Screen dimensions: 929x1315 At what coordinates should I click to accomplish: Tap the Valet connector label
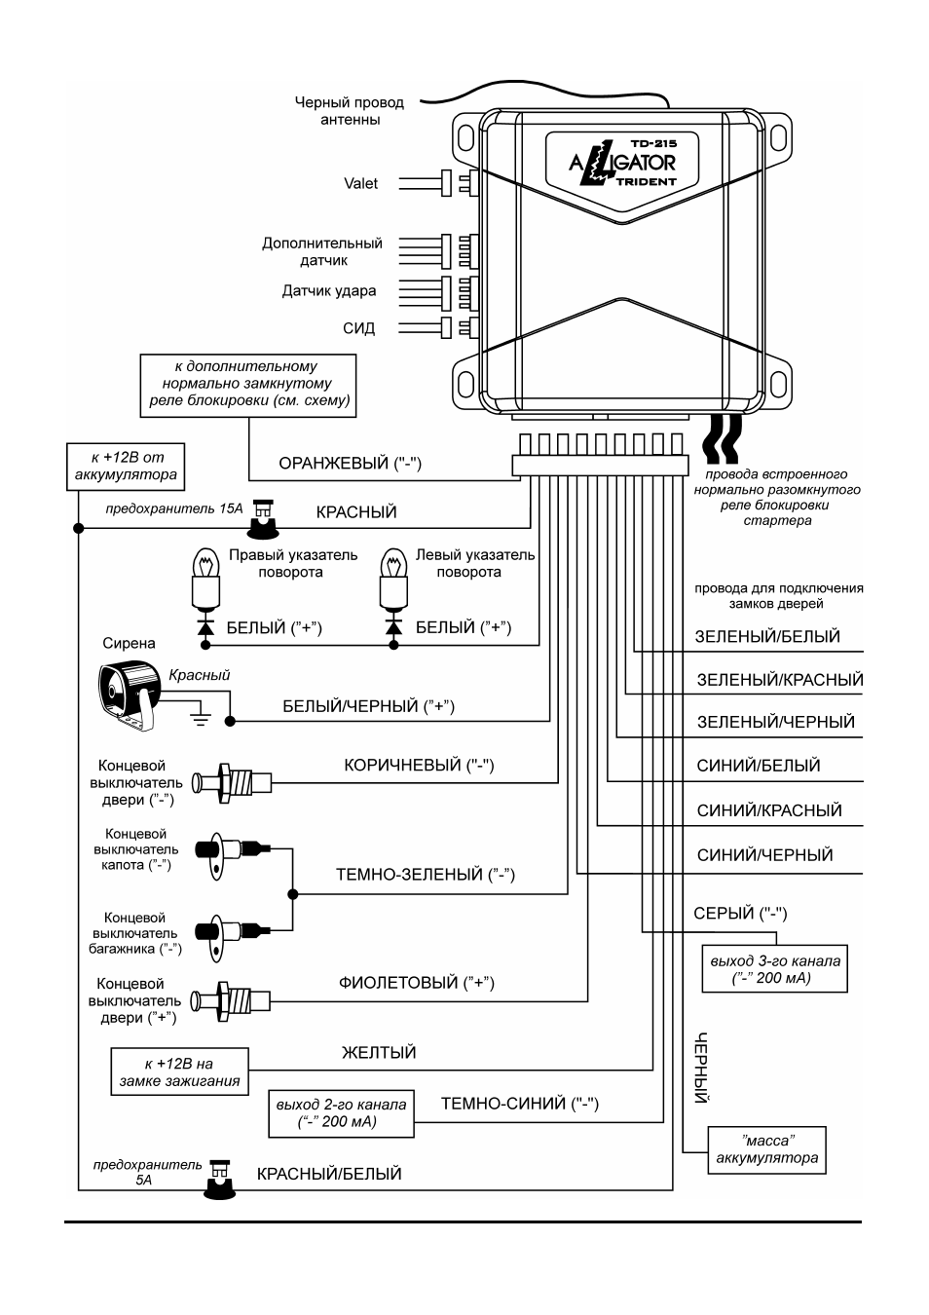pos(360,184)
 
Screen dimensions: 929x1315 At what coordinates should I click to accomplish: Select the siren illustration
pos(130,696)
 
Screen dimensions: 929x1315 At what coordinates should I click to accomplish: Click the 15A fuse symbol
pos(262,518)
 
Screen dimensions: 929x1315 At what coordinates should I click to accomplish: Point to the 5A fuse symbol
pos(220,1180)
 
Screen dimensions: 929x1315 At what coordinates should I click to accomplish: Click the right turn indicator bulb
pos(205,579)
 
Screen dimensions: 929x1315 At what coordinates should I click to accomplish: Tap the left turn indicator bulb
pos(393,579)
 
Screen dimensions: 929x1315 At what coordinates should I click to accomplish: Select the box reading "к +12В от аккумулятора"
pos(126,467)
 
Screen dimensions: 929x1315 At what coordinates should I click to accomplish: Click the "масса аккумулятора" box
pos(766,1150)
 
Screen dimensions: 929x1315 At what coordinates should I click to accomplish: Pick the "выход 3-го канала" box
pos(775,968)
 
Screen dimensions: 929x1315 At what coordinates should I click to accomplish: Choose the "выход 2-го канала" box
pos(341,1113)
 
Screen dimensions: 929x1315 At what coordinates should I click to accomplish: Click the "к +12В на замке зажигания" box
pos(179,1071)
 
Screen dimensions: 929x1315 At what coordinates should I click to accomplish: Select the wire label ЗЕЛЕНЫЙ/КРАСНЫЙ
pos(780,680)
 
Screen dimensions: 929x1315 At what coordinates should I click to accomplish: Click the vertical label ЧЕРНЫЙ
pos(701,1068)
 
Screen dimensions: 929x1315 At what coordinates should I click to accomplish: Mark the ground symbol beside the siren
pos(201,714)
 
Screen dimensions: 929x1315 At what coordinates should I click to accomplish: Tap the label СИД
pos(358,328)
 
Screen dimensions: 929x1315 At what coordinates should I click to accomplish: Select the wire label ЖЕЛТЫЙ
pos(379,1053)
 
